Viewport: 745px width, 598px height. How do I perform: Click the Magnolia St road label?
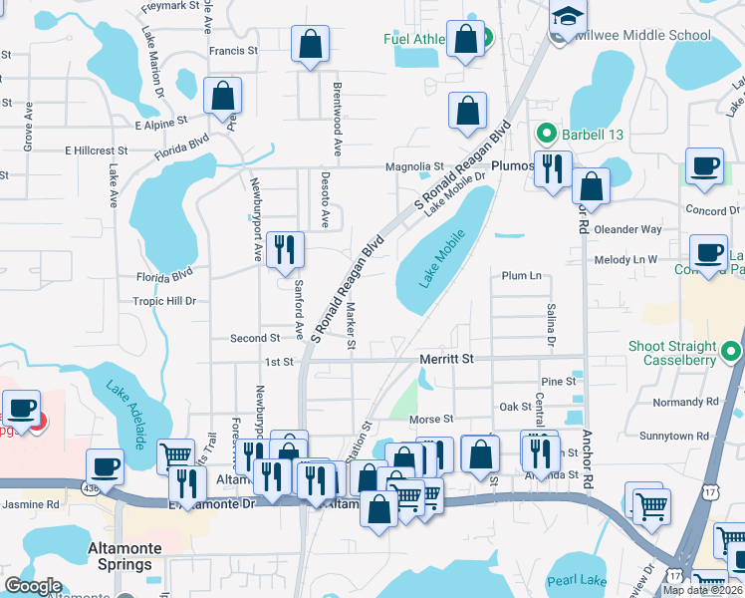click(x=414, y=166)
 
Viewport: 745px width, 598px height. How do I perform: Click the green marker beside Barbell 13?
click(x=546, y=132)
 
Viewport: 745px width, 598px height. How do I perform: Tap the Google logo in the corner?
click(x=33, y=587)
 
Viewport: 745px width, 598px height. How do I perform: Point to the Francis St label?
click(x=233, y=49)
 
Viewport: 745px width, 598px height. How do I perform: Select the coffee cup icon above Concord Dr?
click(x=705, y=166)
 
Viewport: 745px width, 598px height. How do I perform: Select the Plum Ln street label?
click(x=522, y=276)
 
